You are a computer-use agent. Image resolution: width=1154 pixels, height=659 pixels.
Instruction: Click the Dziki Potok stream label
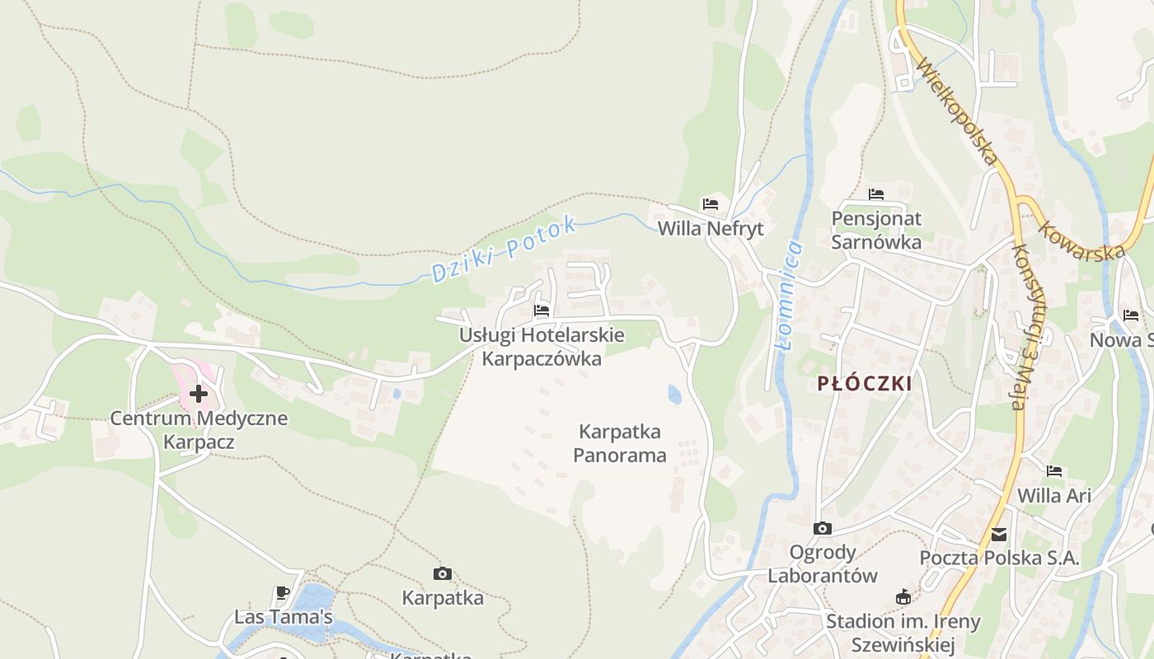pos(503,249)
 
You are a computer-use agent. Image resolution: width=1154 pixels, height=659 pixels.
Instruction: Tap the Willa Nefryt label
pos(711,228)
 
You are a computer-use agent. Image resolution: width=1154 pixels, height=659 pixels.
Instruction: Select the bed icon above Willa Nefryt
pos(711,203)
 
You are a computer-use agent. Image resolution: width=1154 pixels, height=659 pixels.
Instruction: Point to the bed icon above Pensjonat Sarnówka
pos(876,194)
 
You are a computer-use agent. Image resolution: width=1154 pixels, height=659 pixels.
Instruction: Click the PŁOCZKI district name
pos(865,383)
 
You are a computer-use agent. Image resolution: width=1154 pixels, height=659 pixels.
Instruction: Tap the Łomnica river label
pos(790,294)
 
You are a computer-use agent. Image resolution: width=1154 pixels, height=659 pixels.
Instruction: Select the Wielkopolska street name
pos(956,110)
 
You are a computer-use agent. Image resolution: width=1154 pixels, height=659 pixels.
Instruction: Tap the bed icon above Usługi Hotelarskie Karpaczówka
pos(542,311)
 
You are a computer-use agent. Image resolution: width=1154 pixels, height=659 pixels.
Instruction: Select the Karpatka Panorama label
pos(620,443)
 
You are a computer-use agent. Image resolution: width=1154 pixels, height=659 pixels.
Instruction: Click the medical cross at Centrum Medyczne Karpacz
pos(199,394)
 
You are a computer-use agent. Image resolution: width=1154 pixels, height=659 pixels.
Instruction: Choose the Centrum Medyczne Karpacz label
pos(199,430)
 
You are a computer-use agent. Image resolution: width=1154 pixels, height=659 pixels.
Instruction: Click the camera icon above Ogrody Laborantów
pos(822,528)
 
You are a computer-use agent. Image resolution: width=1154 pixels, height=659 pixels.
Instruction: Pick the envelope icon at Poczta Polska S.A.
pos(999,535)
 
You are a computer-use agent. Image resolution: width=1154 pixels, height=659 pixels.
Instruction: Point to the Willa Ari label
pos(1054,496)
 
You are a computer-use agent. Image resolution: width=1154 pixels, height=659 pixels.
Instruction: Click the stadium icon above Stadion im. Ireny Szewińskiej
pos(903,597)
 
